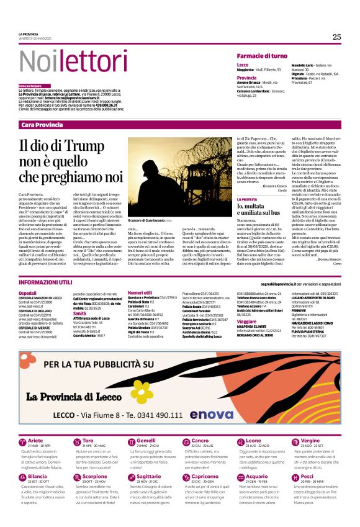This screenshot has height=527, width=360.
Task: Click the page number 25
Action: pyautogui.click(x=336, y=37)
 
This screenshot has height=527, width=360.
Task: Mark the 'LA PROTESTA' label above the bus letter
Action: pyautogui.click(x=247, y=199)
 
